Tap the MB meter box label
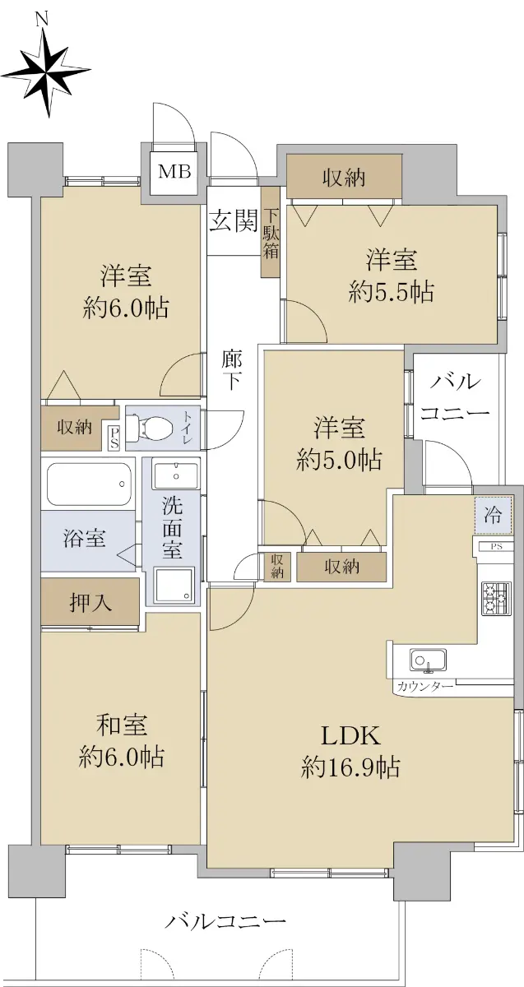(174, 171)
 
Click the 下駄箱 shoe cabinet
(270, 232)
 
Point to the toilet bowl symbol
(153, 427)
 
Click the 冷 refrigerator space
(494, 515)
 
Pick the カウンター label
(424, 687)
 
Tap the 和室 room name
(122, 725)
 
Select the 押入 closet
(90, 602)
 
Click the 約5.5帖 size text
(392, 291)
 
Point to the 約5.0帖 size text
(339, 460)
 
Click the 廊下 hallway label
(231, 371)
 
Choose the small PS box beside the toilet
(114, 436)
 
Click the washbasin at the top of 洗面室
(176, 473)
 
